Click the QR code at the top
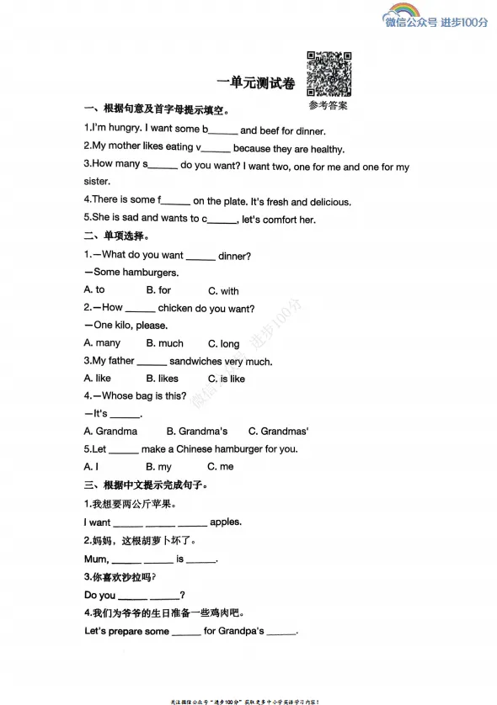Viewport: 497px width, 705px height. pyautogui.click(x=328, y=74)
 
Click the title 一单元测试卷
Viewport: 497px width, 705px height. pyautogui.click(x=255, y=82)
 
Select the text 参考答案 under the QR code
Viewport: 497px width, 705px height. pyautogui.click(x=328, y=106)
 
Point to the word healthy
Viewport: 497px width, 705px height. pyautogui.click(x=326, y=149)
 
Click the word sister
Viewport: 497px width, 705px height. pyautogui.click(x=97, y=181)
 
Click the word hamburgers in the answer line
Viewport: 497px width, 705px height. pyautogui.click(x=151, y=273)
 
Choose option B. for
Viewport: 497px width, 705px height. pyautogui.click(x=158, y=290)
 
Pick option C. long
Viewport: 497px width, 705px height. pyautogui.click(x=224, y=343)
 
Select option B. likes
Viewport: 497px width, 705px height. pyautogui.click(x=163, y=379)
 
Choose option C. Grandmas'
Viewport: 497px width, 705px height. pyautogui.click(x=278, y=432)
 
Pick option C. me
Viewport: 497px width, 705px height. pyautogui.click(x=221, y=467)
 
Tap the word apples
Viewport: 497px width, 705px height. pyautogui.click(x=226, y=522)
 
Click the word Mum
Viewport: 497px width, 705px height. pyautogui.click(x=95, y=559)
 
